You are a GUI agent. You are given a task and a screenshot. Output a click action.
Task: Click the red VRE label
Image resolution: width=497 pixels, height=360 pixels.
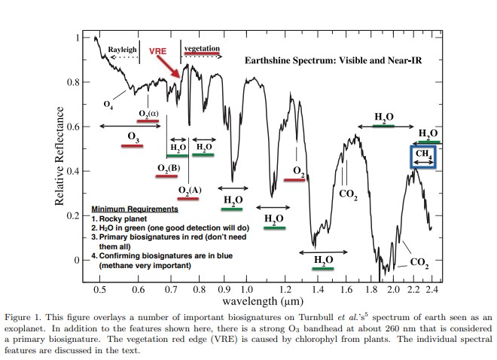157,51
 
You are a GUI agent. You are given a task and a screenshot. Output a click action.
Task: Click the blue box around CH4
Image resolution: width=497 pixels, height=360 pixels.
424,156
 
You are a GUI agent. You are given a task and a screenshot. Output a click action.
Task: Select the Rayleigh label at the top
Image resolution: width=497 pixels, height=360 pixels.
122,49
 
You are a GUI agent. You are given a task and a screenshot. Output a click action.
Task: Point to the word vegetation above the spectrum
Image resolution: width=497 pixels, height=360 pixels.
202,48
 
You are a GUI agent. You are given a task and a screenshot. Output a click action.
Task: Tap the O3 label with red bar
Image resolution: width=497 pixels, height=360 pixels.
133,138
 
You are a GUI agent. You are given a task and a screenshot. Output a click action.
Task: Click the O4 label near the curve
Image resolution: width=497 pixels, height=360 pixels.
108,102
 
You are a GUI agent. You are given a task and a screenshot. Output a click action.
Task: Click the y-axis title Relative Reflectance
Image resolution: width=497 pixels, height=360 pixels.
60,157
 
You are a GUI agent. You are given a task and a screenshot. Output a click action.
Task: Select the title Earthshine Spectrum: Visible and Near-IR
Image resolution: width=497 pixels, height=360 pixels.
331,60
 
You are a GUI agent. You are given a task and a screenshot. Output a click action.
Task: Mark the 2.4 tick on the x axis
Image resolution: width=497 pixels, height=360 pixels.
430,289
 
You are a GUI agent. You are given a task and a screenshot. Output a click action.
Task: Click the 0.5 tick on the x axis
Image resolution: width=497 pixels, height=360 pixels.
99,289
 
